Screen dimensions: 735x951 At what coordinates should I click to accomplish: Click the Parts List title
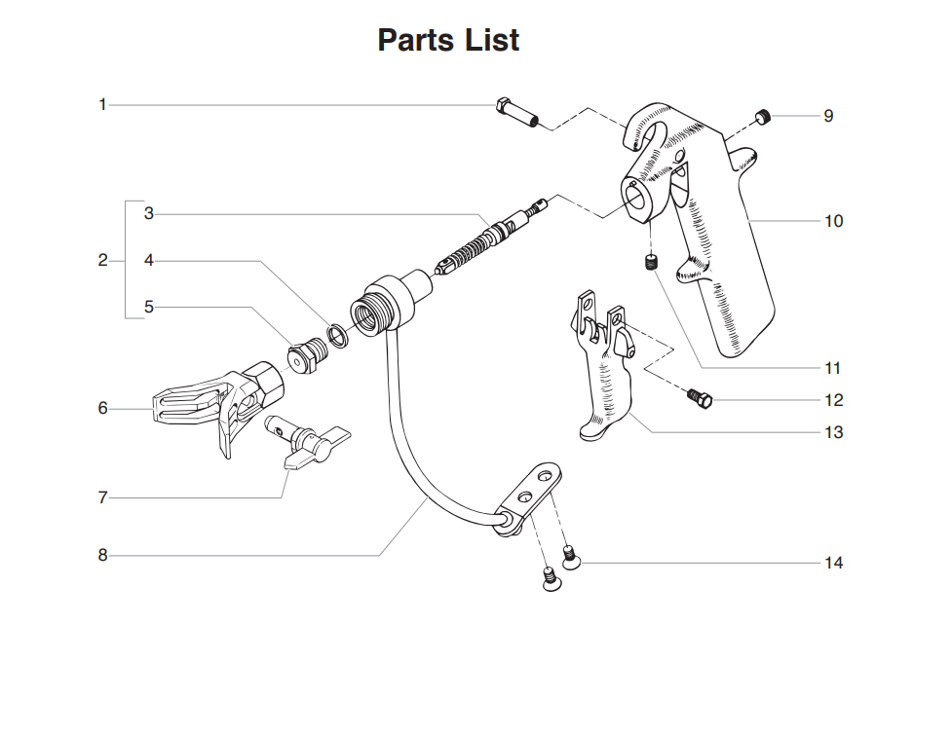448,40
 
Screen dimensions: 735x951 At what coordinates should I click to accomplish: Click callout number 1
102,104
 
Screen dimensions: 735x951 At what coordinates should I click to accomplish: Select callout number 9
828,116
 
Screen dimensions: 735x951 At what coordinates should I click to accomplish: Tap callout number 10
833,221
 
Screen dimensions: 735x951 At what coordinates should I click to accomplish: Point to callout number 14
833,563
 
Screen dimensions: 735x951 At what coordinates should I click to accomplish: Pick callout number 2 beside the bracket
102,260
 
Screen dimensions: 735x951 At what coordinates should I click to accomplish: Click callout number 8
102,555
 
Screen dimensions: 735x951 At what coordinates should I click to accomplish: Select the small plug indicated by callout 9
763,118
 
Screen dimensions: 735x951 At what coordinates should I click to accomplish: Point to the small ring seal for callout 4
338,336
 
